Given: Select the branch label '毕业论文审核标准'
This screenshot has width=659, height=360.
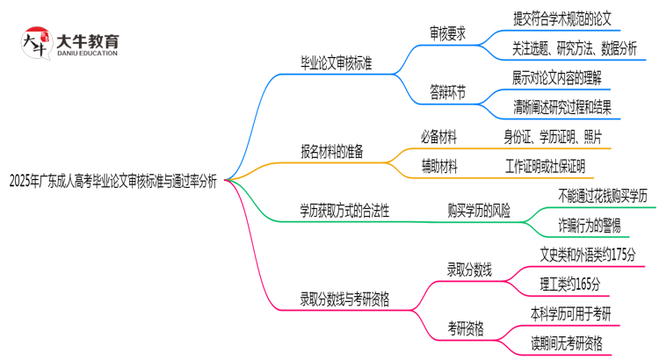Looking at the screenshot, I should coord(336,63).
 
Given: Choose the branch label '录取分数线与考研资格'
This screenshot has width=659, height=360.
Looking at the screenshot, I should coord(344,299).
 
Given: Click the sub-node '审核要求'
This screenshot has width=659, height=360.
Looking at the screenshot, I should coord(447,34).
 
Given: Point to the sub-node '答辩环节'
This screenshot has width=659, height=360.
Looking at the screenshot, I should coord(447,91).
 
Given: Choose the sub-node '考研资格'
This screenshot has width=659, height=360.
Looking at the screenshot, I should coord(465,328).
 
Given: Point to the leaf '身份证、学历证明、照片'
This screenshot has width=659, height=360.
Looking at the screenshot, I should coord(553,136).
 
